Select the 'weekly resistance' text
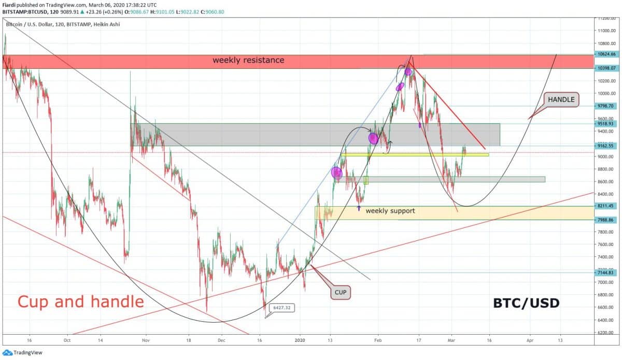click(x=248, y=60)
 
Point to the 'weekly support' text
click(x=390, y=211)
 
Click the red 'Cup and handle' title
click(x=81, y=301)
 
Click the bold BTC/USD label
click(x=526, y=303)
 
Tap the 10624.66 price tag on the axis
click(x=606, y=54)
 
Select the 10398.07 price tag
click(x=606, y=68)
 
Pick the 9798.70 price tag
click(x=606, y=106)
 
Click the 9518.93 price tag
click(x=606, y=124)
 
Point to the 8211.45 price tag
click(x=606, y=206)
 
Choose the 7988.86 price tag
click(x=606, y=220)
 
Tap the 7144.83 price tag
click(x=606, y=272)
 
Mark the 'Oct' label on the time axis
click(x=67, y=341)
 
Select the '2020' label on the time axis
click(x=301, y=341)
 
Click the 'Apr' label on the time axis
click(x=530, y=341)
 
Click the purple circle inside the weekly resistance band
click(x=408, y=71)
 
